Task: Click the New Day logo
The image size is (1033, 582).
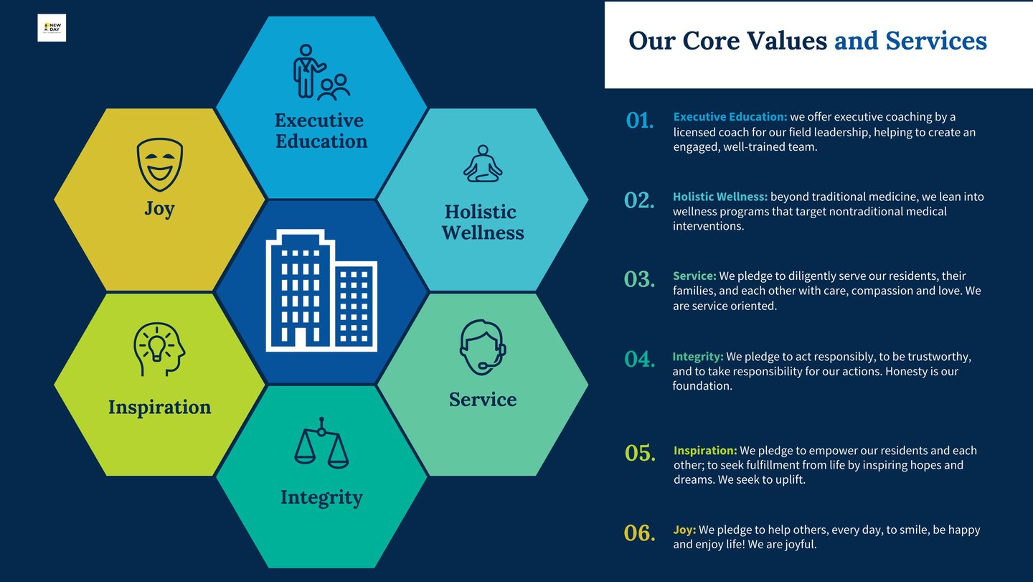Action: click(x=52, y=28)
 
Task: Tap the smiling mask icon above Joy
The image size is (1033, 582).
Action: click(x=159, y=164)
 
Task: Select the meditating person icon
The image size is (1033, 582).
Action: click(x=483, y=164)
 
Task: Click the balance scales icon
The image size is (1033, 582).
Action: click(x=321, y=443)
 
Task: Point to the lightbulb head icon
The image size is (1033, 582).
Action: click(x=159, y=349)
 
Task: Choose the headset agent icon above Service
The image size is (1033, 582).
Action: click(x=483, y=347)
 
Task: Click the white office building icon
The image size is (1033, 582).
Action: click(x=321, y=291)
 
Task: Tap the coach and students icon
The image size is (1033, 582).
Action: click(x=321, y=72)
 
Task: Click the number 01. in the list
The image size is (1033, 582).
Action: click(x=640, y=121)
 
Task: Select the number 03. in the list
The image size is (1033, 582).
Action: click(x=639, y=279)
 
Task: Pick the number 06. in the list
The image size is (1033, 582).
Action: click(x=639, y=533)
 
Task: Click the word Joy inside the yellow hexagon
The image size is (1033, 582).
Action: click(x=159, y=209)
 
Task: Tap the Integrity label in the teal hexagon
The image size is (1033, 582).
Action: click(x=321, y=498)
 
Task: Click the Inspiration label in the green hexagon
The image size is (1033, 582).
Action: click(x=159, y=408)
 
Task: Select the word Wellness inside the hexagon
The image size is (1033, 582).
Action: click(x=483, y=233)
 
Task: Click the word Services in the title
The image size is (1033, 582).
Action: click(x=936, y=41)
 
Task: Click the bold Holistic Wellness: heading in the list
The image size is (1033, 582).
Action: click(x=720, y=197)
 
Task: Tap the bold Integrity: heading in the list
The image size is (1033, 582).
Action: click(x=698, y=357)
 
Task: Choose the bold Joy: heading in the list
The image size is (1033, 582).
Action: click(x=684, y=530)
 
